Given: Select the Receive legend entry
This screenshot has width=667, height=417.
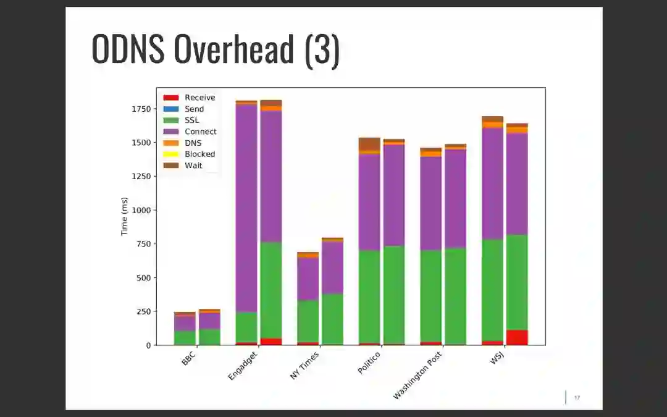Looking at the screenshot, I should pyautogui.click(x=199, y=98).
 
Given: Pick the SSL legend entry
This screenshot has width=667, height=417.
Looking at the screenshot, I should pyautogui.click(x=191, y=120).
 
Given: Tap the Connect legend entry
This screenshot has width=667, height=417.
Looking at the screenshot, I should pyautogui.click(x=200, y=132).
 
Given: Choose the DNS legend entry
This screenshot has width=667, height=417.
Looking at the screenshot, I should pyautogui.click(x=193, y=143).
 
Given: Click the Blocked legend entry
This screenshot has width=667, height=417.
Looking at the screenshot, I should pyautogui.click(x=199, y=154).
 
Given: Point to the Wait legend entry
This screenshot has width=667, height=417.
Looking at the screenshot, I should pyautogui.click(x=193, y=166).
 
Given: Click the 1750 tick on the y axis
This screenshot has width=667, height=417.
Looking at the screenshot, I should pyautogui.click(x=140, y=109).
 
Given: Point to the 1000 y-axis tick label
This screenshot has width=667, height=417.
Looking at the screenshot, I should pyautogui.click(x=140, y=210).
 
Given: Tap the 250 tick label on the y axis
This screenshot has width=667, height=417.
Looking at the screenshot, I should pyautogui.click(x=143, y=311).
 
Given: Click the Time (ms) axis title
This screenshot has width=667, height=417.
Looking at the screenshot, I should pyautogui.click(x=125, y=216).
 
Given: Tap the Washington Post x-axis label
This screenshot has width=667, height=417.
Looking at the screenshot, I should pyautogui.click(x=418, y=375).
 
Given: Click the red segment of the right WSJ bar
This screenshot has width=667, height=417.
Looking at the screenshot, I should pyautogui.click(x=518, y=337).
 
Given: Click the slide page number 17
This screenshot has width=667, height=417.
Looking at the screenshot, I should pyautogui.click(x=577, y=398).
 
